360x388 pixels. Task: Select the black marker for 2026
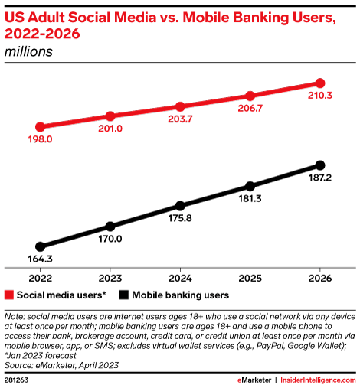pyautogui.click(x=320, y=165)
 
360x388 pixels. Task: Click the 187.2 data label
pyautogui.click(x=320, y=180)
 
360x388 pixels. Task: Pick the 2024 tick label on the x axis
pyautogui.click(x=180, y=277)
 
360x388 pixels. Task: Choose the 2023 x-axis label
pyautogui.click(x=110, y=277)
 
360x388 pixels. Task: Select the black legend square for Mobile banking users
pyautogui.click(x=123, y=294)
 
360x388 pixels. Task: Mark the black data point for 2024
pyautogui.click(x=180, y=206)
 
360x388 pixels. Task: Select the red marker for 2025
pyautogui.click(x=250, y=96)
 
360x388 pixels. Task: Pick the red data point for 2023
pyautogui.click(x=110, y=116)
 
